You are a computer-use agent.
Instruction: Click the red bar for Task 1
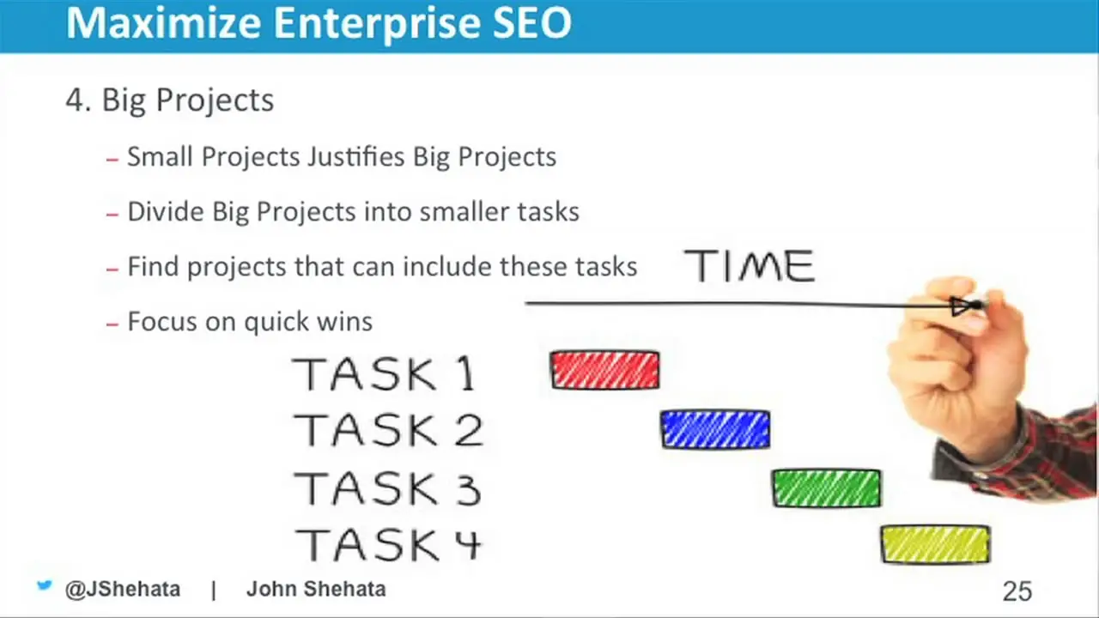pos(605,370)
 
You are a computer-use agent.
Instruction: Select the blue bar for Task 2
pos(715,430)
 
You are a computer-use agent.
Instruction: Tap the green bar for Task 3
pos(827,488)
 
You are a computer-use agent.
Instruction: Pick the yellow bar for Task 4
pos(936,544)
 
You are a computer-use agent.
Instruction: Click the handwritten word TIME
pos(750,266)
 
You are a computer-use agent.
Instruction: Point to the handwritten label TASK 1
pos(384,373)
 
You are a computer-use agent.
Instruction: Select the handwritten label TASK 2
pos(388,430)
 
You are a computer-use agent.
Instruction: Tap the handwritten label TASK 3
pos(387,488)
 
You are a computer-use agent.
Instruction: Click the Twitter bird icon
pos(44,585)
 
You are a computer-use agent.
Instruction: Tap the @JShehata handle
pos(123,589)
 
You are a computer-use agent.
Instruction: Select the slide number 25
pos(1017,591)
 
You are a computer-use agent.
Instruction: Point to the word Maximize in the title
pos(163,22)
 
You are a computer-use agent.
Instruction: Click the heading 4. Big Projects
pos(170,100)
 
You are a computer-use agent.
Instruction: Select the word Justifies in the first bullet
pos(355,157)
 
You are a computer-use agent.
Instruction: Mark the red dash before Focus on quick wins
pos(112,324)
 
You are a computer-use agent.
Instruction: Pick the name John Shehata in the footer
pos(316,589)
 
